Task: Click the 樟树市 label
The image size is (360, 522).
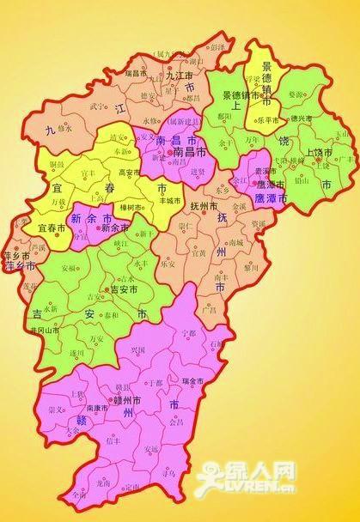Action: [x=131, y=207]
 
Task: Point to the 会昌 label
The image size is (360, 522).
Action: [x=176, y=422]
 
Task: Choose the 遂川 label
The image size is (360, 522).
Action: [x=76, y=353]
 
